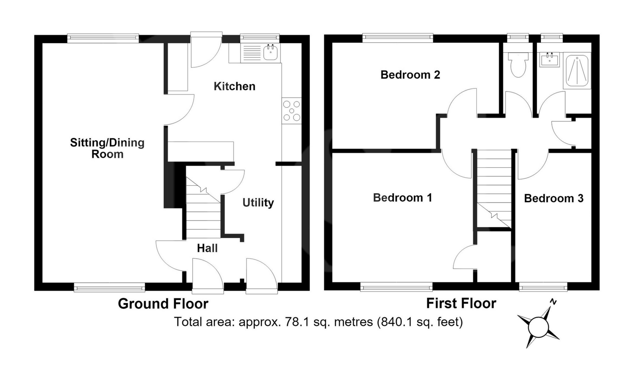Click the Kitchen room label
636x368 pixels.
coord(235,86)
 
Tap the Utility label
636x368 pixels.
coord(258,203)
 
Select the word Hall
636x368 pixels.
coord(207,248)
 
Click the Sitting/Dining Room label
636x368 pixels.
coord(107,148)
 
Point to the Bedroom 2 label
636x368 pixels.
coord(410,75)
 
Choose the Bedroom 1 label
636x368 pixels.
coord(402,198)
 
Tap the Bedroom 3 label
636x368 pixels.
coord(554,198)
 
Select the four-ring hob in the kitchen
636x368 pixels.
coord(291,111)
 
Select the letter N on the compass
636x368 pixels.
coord(553,302)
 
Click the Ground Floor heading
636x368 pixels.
coord(163,304)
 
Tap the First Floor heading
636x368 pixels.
coord(461,303)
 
